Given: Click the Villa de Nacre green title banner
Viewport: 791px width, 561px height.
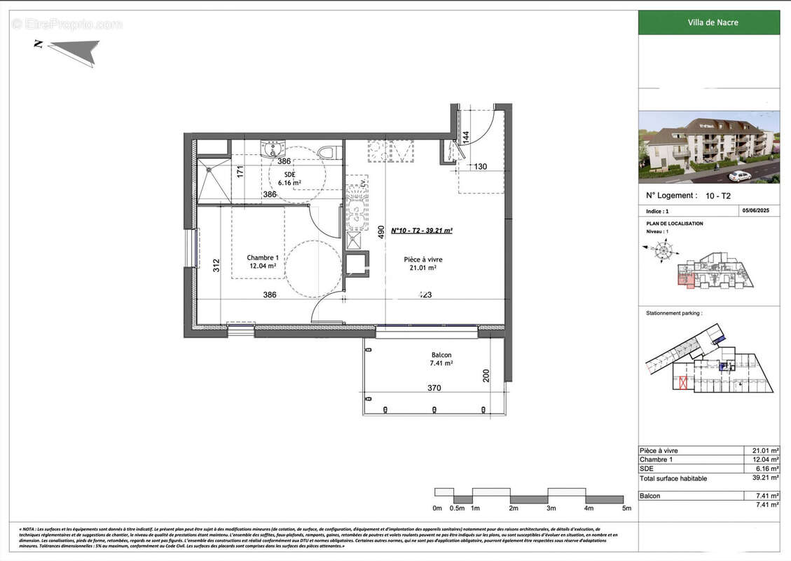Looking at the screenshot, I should point(708,22).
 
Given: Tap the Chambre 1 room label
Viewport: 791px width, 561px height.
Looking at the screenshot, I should point(263,262).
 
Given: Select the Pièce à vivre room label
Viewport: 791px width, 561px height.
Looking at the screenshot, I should point(422,263).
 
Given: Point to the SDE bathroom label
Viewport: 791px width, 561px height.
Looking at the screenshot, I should point(289,178).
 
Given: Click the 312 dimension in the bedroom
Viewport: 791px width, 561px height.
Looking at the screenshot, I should point(216,265).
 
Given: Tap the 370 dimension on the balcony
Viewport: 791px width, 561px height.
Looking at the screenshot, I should point(434,388).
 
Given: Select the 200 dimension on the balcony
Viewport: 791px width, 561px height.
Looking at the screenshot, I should point(486,377).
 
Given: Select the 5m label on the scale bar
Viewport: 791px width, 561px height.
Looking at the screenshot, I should point(626,508).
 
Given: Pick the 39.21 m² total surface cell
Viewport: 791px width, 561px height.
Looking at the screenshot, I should point(761,478).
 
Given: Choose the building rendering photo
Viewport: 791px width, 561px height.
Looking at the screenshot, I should point(708,147).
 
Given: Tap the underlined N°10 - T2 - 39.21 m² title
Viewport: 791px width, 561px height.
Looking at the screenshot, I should point(421,230).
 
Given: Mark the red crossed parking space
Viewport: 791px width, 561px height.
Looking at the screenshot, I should point(683,384).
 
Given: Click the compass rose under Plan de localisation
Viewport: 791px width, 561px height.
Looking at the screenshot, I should point(663,249).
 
